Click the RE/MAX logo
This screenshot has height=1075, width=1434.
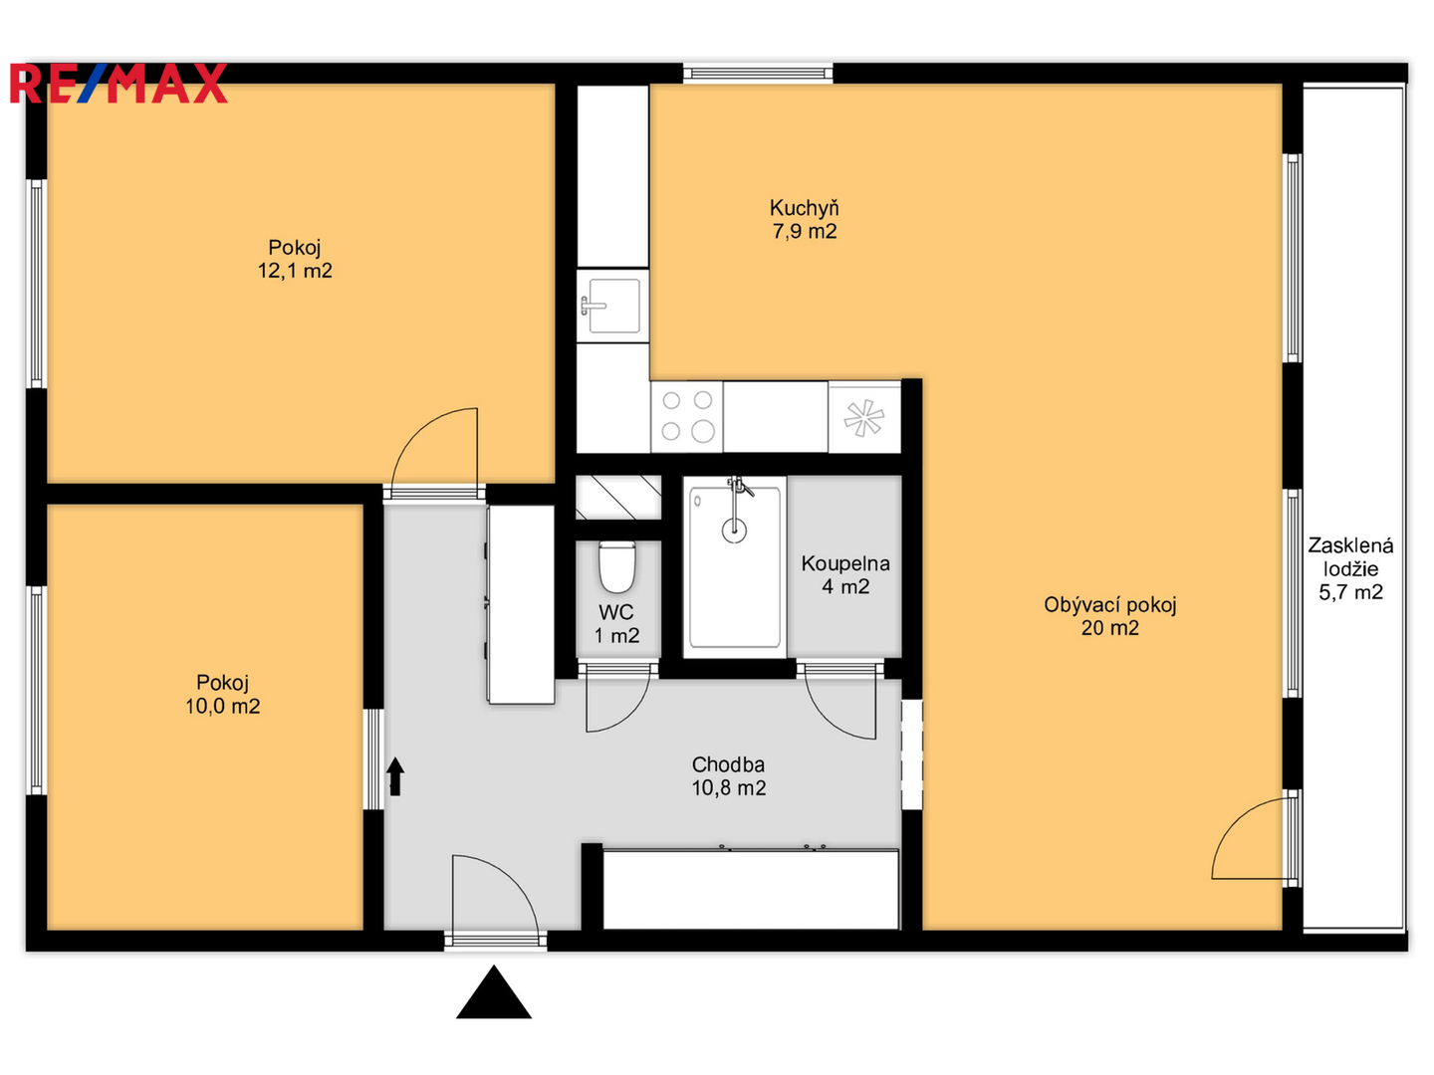pyautogui.click(x=119, y=84)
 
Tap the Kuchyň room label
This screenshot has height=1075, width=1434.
pyautogui.click(x=804, y=208)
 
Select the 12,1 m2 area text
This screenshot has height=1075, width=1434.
pyautogui.click(x=295, y=270)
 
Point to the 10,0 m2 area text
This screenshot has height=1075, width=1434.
pyautogui.click(x=223, y=706)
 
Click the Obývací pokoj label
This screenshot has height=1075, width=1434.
pyautogui.click(x=1110, y=605)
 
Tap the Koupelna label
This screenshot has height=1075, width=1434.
pyautogui.click(x=845, y=563)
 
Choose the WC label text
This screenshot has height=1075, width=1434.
pyautogui.click(x=616, y=612)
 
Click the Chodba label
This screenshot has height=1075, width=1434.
pyautogui.click(x=728, y=764)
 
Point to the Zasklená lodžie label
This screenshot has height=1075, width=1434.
pyautogui.click(x=1350, y=556)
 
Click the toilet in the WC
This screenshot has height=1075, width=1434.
pyautogui.click(x=616, y=566)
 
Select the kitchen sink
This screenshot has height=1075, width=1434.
pyautogui.click(x=612, y=306)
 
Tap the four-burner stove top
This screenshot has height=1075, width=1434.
pyautogui.click(x=686, y=417)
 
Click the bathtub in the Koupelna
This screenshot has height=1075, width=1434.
pyautogui.click(x=734, y=566)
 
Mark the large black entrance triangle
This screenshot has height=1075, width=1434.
pyautogui.click(x=494, y=992)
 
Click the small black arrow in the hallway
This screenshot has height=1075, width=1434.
pyautogui.click(x=394, y=776)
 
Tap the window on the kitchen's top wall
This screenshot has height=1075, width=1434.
pyautogui.click(x=758, y=73)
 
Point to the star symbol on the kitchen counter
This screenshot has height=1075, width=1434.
pyautogui.click(x=863, y=418)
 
